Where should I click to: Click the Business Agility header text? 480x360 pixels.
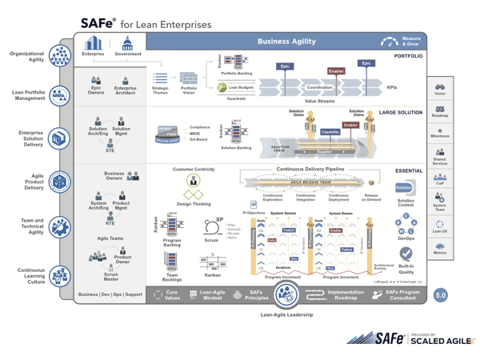pyautogui.click(x=286, y=42)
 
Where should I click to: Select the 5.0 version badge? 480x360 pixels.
pyautogui.click(x=440, y=295)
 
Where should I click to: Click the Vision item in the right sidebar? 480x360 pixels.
pyautogui.click(x=440, y=90)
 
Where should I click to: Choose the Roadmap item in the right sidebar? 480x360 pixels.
pyautogui.click(x=440, y=112)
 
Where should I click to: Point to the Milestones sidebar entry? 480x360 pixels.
pyautogui.click(x=440, y=133)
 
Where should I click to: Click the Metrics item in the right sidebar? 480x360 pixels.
pyautogui.click(x=440, y=249)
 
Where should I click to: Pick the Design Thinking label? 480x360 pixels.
pyautogui.click(x=193, y=204)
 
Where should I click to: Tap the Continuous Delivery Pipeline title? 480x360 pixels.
pyautogui.click(x=310, y=170)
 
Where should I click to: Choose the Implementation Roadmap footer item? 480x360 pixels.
pyautogui.click(x=345, y=294)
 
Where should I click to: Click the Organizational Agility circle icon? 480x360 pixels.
pyautogui.click(x=60, y=56)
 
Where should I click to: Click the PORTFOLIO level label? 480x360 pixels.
pyautogui.click(x=408, y=56)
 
